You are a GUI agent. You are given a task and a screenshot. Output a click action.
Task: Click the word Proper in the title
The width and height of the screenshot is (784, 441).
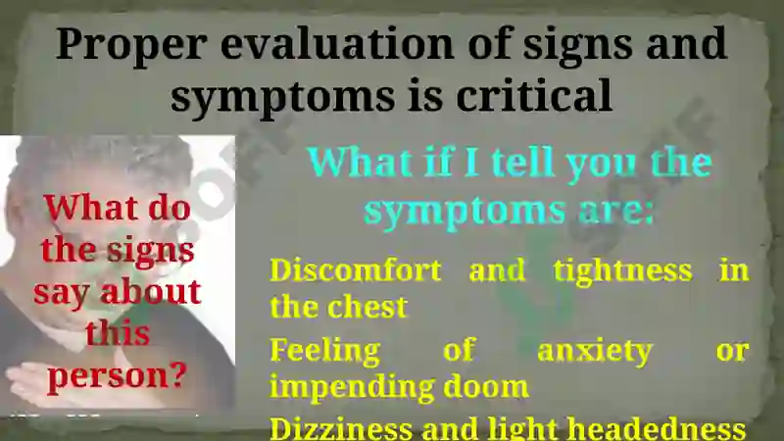(x=131, y=45)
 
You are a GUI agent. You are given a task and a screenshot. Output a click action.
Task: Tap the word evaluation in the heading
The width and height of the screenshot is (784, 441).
(x=337, y=43)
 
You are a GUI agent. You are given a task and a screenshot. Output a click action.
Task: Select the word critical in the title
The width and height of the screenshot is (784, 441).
(x=534, y=94)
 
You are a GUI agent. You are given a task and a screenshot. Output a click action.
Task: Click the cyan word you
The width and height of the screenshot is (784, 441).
(x=602, y=166)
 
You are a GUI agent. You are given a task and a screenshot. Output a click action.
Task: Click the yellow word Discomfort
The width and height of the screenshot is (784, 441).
(x=356, y=270)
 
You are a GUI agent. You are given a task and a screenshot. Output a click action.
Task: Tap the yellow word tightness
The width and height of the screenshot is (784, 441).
(x=623, y=272)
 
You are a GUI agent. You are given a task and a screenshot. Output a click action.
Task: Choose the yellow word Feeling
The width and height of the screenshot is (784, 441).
(x=325, y=352)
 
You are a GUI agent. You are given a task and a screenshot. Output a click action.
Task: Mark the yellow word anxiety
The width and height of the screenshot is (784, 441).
(x=595, y=352)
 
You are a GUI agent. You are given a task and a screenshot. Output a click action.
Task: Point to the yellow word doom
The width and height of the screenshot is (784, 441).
(x=486, y=387)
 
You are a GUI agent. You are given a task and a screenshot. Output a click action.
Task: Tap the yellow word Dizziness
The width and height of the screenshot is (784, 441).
(x=341, y=429)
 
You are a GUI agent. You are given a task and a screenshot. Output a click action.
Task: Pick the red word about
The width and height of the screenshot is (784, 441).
(x=151, y=292)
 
